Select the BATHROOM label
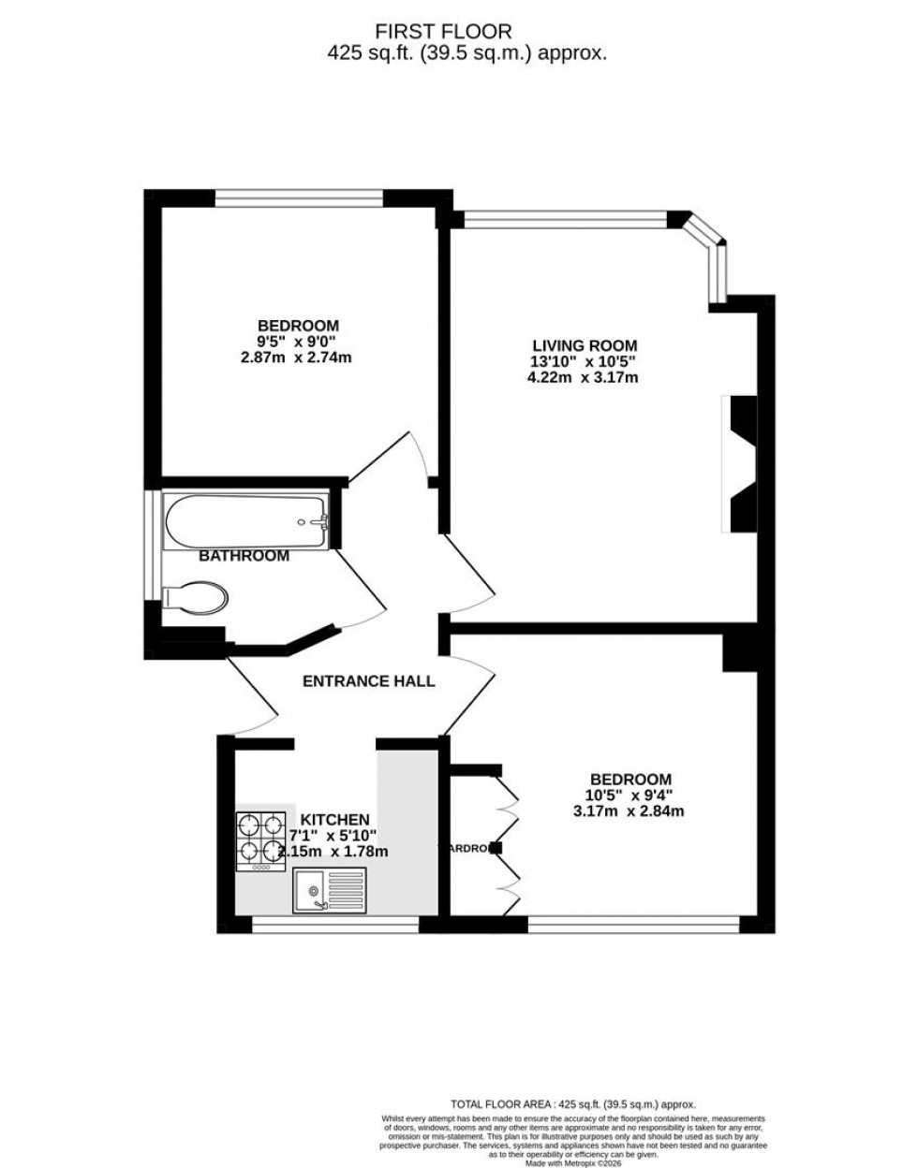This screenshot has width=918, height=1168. point(244,556)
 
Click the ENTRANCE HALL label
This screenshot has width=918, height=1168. point(368,681)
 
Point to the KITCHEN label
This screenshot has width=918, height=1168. point(334,819)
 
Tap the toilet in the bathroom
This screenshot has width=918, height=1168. point(195,598)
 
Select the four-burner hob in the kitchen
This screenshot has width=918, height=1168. point(260,839)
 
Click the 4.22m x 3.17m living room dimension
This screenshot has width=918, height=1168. point(582,377)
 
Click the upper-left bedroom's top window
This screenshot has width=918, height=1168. point(299,197)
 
